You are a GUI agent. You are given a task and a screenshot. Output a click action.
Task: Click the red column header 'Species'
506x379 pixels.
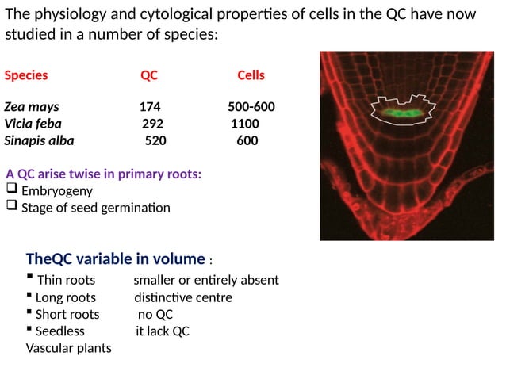[x=26, y=76]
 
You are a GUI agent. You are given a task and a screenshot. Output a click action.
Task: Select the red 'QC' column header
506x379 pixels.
[x=149, y=76]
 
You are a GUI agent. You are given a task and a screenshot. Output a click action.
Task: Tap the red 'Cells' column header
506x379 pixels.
[x=251, y=76]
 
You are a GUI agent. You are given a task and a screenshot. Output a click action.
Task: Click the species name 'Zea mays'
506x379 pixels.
[x=31, y=108]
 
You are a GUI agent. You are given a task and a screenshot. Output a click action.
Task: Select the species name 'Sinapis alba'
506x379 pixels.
[x=39, y=140]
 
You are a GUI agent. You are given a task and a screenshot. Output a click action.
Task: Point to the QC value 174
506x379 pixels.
[x=150, y=108]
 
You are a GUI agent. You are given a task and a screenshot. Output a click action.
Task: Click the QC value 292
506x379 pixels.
[x=152, y=124]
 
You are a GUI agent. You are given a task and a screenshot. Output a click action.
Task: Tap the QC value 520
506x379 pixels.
[x=155, y=140]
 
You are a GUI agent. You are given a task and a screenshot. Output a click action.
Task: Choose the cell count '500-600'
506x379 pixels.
[x=251, y=108]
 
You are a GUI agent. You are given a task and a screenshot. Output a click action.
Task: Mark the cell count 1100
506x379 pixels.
[x=244, y=124]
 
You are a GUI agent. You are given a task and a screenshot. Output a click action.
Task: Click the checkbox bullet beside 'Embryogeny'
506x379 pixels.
[x=11, y=190]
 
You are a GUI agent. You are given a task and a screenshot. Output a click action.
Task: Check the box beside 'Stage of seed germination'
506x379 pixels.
[x=11, y=207]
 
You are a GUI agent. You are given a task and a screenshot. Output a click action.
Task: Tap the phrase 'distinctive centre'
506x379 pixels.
[x=182, y=297]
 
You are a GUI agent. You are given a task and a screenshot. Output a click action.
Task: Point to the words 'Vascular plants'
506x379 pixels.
[x=69, y=347]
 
